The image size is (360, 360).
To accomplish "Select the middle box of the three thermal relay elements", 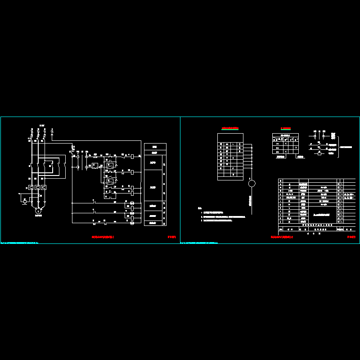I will coord(37,187).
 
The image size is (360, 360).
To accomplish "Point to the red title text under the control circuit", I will coord(103,236).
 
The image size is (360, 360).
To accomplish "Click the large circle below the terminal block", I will coord(252,183).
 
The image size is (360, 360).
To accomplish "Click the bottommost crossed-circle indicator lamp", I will coord(132,223).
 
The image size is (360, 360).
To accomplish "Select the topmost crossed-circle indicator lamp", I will coord(132,205).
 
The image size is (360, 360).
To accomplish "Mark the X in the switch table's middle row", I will coord(296,147).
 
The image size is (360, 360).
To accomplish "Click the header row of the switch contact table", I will coord(285,135).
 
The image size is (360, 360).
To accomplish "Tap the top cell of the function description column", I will coord(155,146).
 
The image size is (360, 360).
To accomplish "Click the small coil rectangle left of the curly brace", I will coord(319,153).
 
